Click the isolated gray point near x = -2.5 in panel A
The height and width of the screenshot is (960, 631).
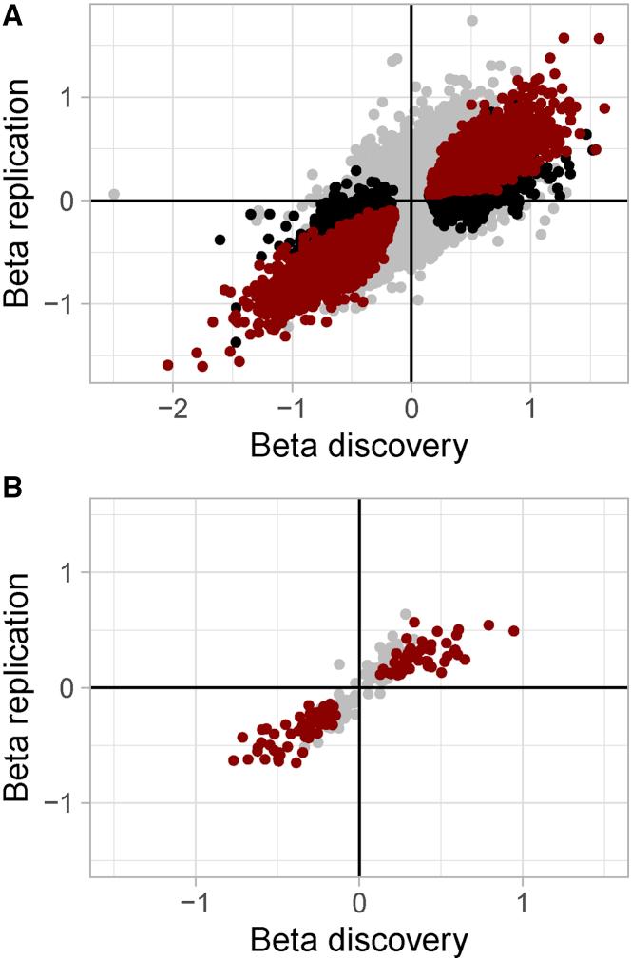[x=114, y=194]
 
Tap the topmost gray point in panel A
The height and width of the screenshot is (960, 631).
[x=472, y=20]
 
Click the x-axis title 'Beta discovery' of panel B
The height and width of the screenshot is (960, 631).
[x=359, y=941]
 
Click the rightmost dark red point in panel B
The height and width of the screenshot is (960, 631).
[x=514, y=631]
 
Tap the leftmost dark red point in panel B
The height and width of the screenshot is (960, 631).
[x=234, y=760]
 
